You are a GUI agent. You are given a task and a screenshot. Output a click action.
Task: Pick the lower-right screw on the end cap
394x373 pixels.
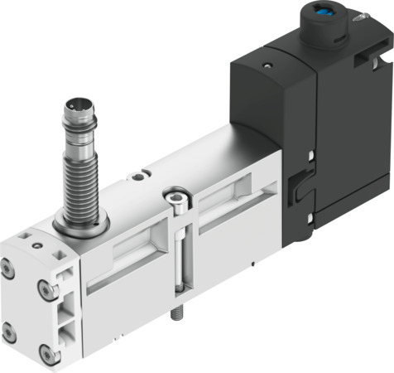coord(51,355)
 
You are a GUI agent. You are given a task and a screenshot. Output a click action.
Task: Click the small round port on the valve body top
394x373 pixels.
coord(147,173)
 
